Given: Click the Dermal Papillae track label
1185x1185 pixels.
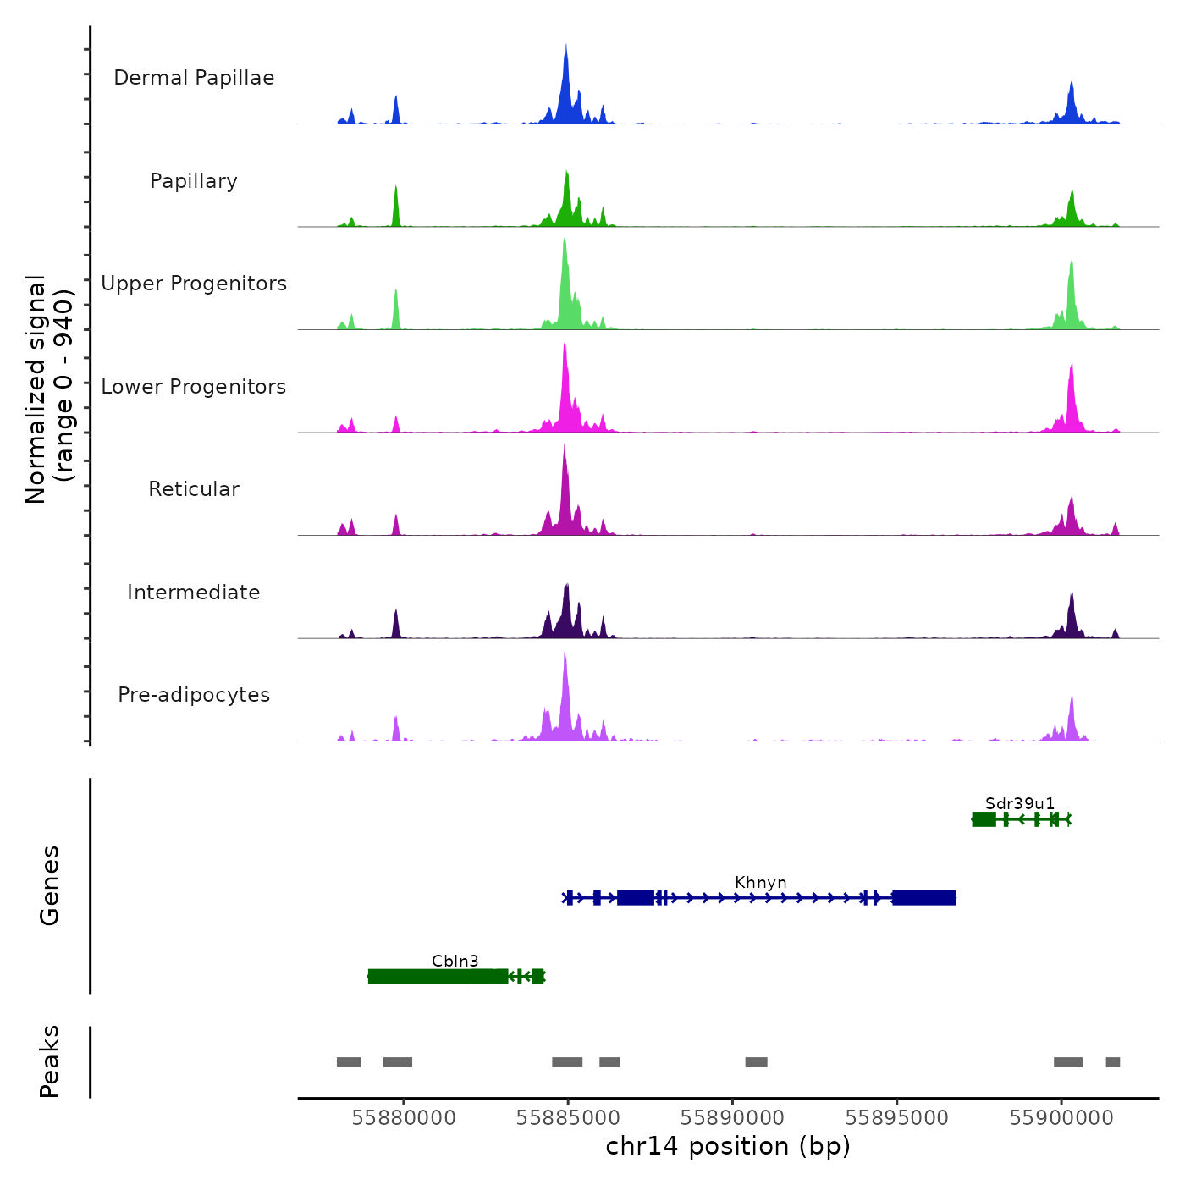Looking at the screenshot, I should click(x=194, y=78).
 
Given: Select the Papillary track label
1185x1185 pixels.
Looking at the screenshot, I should click(x=194, y=181).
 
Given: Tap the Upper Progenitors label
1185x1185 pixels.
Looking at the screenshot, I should click(x=194, y=284).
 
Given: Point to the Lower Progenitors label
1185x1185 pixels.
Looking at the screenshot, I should click(x=194, y=387).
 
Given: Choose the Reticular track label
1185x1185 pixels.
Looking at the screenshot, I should click(x=194, y=489).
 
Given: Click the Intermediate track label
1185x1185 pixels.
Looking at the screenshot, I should click(x=194, y=592).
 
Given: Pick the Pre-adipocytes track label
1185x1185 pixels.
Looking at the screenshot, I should click(x=194, y=695).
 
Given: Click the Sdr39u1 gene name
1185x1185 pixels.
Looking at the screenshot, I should click(x=1020, y=803).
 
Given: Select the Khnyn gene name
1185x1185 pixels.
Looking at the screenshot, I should click(x=761, y=882).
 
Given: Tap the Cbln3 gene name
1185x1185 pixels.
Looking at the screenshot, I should click(x=455, y=961).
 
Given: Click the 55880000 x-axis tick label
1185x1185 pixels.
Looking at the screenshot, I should click(x=404, y=1118).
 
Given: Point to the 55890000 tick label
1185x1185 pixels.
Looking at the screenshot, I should click(x=732, y=1118).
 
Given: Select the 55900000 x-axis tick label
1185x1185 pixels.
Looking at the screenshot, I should click(x=1061, y=1118).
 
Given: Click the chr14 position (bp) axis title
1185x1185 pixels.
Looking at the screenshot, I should click(x=728, y=1146).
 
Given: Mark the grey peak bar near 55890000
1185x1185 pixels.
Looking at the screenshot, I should click(x=756, y=1062).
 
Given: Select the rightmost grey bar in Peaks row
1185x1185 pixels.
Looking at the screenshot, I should click(x=1113, y=1062).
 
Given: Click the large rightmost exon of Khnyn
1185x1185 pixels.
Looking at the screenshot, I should click(x=923, y=898).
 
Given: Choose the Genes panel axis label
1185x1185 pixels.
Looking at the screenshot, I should click(x=50, y=885).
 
